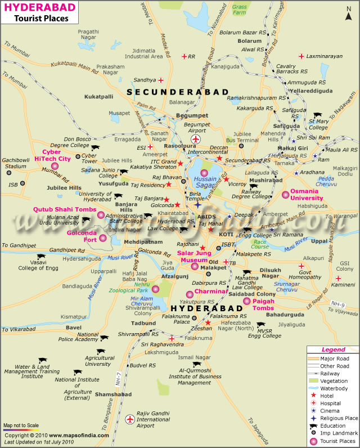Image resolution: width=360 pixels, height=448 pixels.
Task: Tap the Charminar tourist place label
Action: [x=211, y=292]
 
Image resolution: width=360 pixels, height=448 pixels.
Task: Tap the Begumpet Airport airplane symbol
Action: [x=196, y=139]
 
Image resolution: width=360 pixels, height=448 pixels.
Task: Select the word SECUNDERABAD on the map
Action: [x=177, y=91]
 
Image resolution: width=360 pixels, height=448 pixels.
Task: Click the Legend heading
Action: [x=332, y=350]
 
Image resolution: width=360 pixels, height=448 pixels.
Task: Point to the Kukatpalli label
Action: [x=99, y=97]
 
